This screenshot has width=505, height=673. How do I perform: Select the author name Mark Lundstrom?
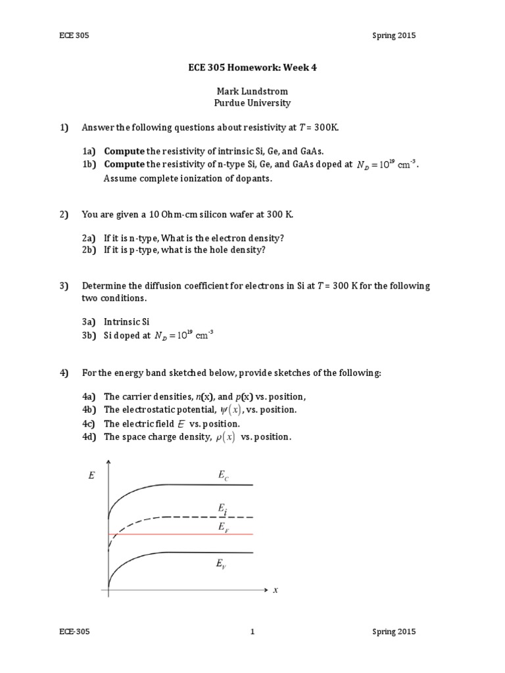click(252, 91)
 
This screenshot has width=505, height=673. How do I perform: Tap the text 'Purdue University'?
click(252, 103)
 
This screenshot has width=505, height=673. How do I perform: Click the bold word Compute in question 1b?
click(124, 164)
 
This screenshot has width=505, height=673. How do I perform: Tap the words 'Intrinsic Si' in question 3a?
click(127, 322)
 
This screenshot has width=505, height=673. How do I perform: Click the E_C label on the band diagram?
click(224, 475)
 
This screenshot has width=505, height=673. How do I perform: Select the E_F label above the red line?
click(224, 527)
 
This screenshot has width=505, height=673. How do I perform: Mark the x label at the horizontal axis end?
click(276, 590)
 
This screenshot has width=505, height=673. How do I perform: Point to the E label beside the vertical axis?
click(91, 476)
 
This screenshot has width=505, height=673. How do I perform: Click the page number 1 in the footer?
click(252, 632)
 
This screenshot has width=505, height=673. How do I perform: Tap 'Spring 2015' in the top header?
click(393, 35)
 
